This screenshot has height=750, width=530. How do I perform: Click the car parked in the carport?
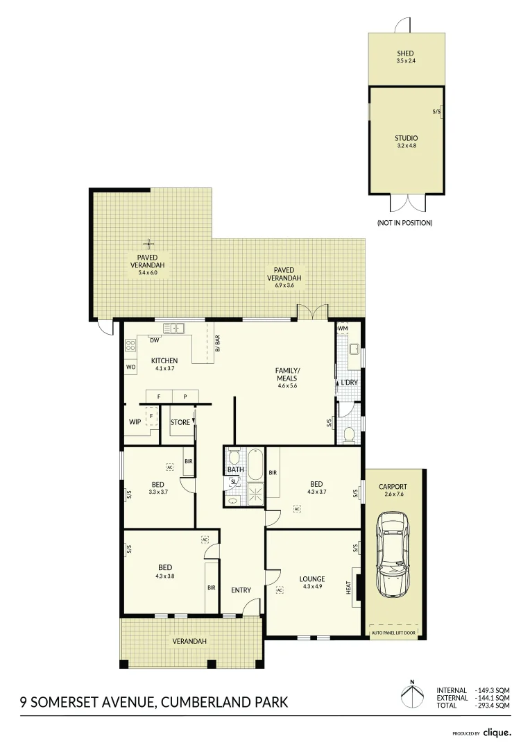[393, 555]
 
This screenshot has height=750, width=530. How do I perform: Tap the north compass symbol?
[412, 695]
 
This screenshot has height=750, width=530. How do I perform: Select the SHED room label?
[405, 53]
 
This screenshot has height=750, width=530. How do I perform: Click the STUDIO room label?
[407, 138]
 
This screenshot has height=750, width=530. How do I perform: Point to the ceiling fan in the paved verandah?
[148, 243]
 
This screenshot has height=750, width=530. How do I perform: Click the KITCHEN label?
[164, 360]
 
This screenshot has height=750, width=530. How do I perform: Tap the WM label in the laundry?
[343, 328]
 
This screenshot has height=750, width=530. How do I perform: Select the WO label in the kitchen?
[130, 367]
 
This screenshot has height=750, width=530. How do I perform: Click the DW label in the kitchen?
[155, 340]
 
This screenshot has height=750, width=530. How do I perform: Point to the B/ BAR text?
[217, 344]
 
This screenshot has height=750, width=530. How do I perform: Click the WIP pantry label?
[135, 422]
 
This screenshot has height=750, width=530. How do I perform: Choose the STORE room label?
[180, 422]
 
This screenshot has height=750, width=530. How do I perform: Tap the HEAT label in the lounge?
[349, 587]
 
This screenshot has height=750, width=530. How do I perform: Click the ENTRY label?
[241, 590]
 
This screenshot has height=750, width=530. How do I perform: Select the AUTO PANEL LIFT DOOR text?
[394, 633]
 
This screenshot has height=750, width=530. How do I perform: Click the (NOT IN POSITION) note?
[404, 223]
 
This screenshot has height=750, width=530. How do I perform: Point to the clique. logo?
[497, 732]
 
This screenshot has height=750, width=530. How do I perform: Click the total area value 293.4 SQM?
[494, 705]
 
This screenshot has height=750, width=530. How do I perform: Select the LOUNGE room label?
[312, 578]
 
